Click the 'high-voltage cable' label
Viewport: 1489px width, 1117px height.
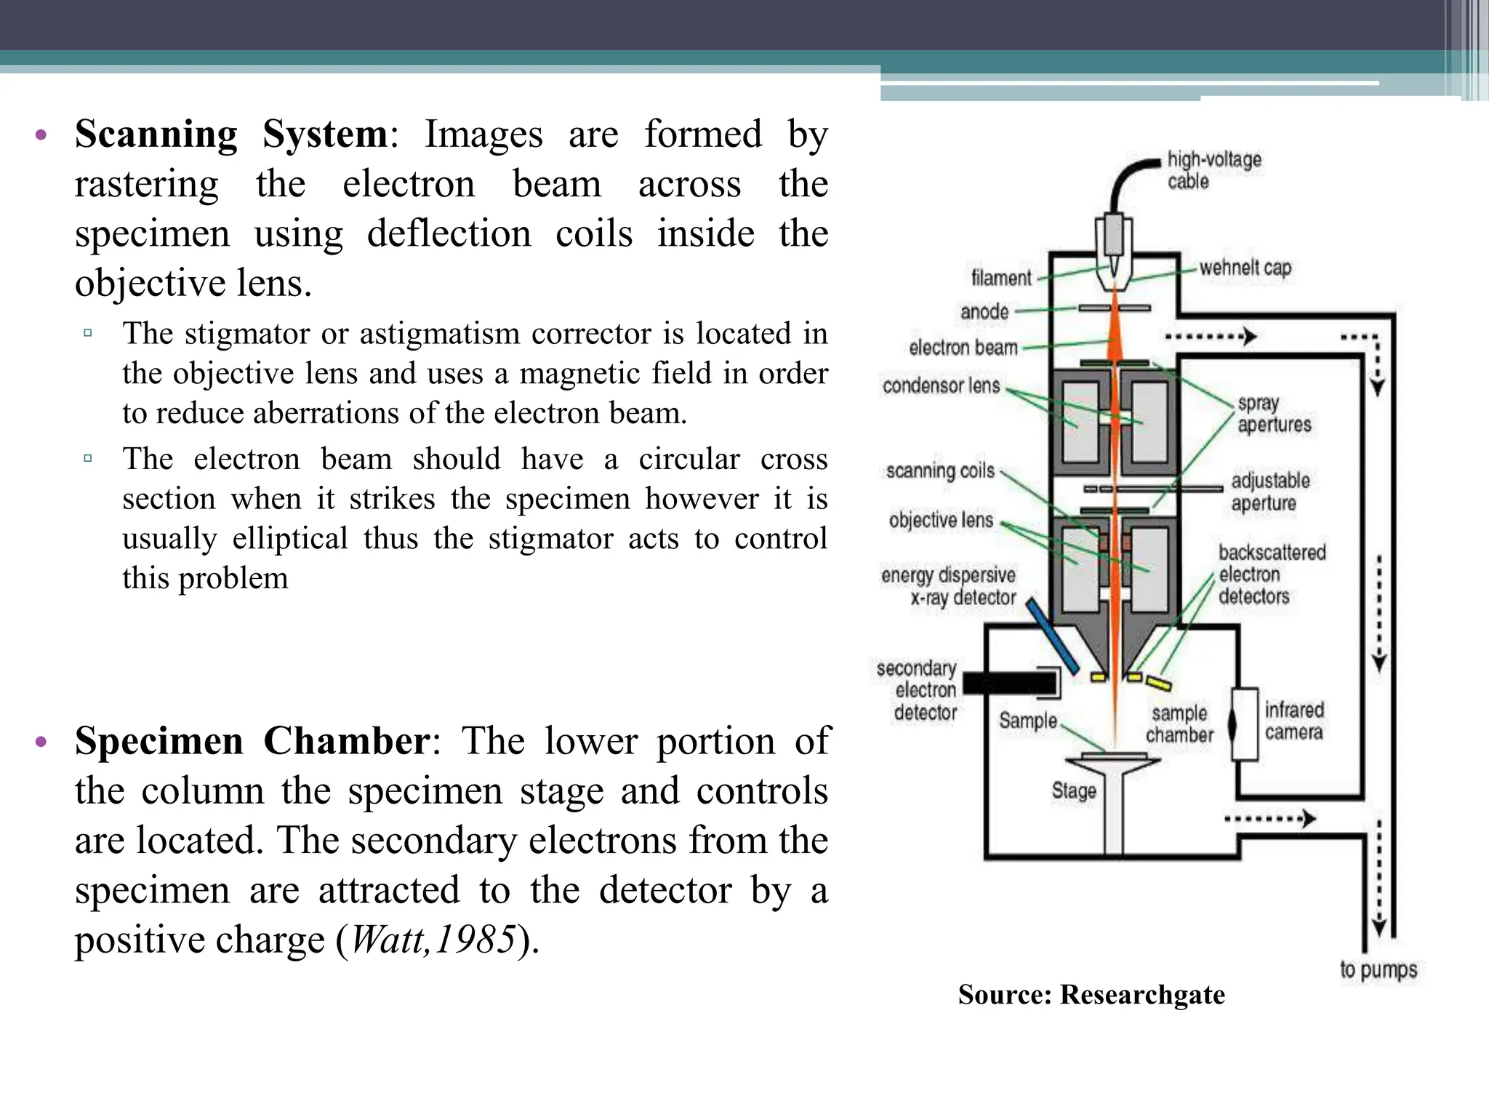[x=1213, y=170]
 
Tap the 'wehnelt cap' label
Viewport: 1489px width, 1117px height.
[x=1245, y=268]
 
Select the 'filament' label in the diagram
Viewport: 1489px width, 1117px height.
[x=1000, y=278]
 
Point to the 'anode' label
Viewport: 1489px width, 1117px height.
[x=984, y=312]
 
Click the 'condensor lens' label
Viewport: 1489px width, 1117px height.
[x=941, y=385]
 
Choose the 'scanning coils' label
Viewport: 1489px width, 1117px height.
[x=939, y=471]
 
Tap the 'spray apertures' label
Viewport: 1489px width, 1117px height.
[x=1274, y=414]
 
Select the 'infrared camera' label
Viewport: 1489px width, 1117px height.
[x=1293, y=721]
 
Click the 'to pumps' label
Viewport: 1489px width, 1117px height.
[x=1378, y=969]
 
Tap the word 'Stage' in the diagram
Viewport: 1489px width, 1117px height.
[x=1073, y=790]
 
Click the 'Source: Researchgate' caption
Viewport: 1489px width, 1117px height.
[x=1091, y=994]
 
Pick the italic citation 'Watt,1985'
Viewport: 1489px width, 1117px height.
[x=433, y=940]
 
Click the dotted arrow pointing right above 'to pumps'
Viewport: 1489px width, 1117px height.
[x=1269, y=819]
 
